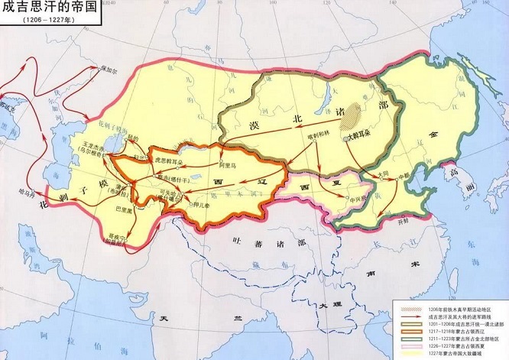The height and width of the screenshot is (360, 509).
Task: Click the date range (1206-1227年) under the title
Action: coord(31,22)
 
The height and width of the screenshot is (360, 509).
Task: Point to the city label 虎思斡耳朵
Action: coord(170,161)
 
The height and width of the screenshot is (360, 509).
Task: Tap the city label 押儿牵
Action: coord(200,205)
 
